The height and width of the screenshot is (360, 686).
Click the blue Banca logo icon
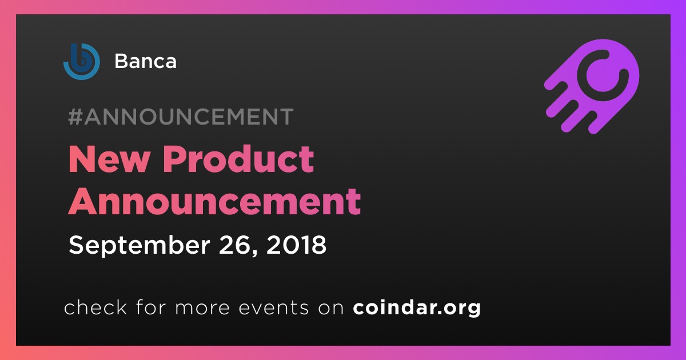pyautogui.click(x=81, y=61)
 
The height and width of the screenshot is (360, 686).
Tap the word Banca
pyautogui.click(x=145, y=61)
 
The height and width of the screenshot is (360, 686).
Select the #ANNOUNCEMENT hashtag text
pyautogui.click(x=181, y=117)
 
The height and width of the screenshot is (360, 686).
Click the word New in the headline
pyautogui.click(x=109, y=159)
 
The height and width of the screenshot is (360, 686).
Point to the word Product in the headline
pyautogui.click(x=238, y=159)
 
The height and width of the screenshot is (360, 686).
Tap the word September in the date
pyautogui.click(x=139, y=246)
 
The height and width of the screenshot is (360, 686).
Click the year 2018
pyautogui.click(x=296, y=245)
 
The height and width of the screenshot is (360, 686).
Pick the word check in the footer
pyautogui.click(x=95, y=307)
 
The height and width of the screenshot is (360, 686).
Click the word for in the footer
pyautogui.click(x=151, y=307)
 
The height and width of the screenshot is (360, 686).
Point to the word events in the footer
pyautogui.click(x=273, y=308)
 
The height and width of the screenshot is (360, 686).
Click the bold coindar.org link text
pyautogui.click(x=417, y=307)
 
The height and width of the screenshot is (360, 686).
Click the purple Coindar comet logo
pyautogui.click(x=592, y=87)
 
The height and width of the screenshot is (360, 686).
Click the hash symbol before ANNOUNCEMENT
pyautogui.click(x=75, y=117)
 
